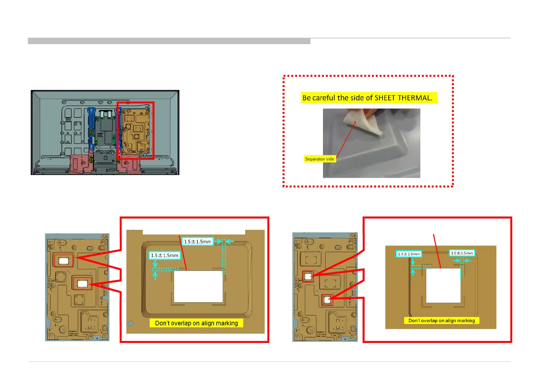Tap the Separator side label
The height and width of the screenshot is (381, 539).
point(319,159)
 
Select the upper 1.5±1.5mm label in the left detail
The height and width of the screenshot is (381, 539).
point(197,242)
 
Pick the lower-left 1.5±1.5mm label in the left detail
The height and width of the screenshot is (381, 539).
point(165,255)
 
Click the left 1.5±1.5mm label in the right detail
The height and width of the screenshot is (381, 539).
point(409,254)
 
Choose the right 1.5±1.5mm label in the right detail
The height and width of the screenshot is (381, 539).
point(462,253)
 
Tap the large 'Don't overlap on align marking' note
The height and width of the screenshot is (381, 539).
point(196,323)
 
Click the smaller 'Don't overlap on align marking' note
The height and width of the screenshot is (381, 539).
point(441,321)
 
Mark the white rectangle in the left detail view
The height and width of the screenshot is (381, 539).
point(198,286)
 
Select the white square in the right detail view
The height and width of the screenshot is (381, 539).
point(443,285)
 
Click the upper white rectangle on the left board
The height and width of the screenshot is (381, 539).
point(64,261)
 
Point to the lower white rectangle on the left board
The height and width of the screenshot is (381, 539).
point(82,283)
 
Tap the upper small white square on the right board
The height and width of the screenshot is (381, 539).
point(308,276)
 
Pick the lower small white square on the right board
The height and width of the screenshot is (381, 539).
point(327,300)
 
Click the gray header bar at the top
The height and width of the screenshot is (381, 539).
point(169,41)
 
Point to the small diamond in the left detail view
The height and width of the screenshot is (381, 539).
point(131,323)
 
